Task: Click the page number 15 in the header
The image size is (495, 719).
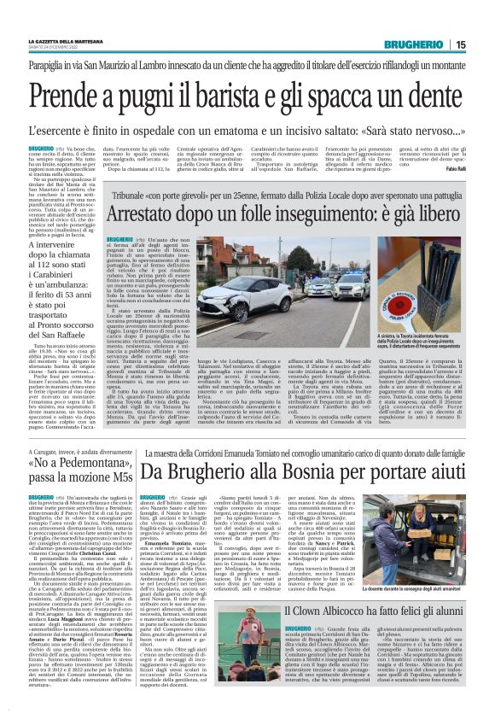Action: click(x=460, y=44)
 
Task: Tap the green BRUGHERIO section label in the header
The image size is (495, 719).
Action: click(x=413, y=44)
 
